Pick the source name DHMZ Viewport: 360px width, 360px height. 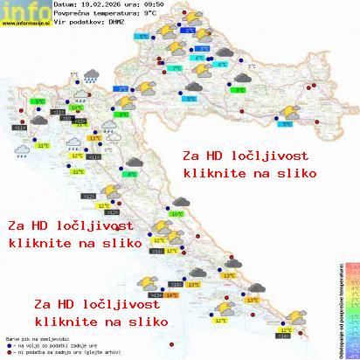coord(116,24)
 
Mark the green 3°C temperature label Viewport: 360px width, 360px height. coord(239,89)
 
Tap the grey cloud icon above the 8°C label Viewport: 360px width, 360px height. coord(135,162)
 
